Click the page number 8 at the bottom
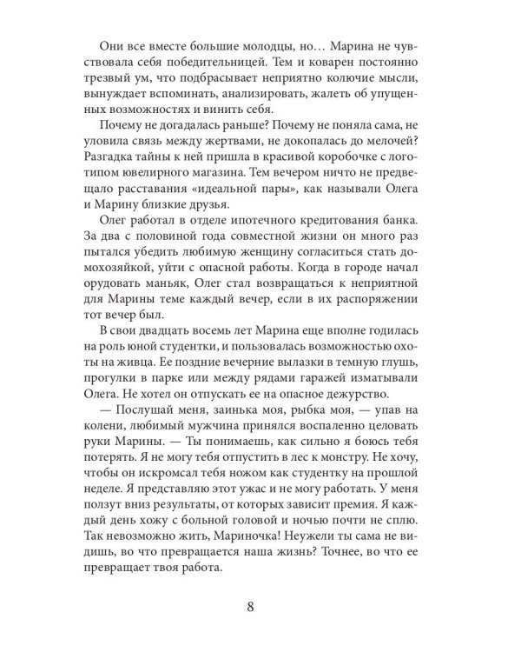pyautogui.click(x=260, y=608)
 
